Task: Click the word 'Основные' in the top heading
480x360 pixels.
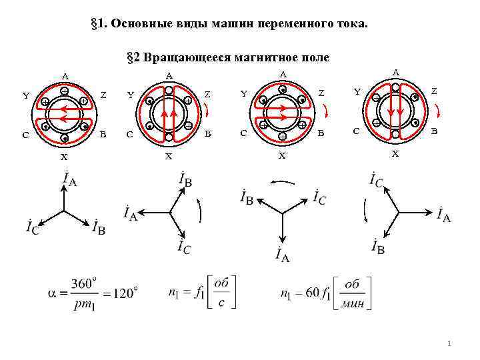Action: click(x=139, y=25)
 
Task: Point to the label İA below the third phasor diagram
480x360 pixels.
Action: click(x=281, y=255)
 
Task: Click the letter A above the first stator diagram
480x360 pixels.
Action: click(x=65, y=75)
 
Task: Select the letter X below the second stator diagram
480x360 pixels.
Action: click(x=169, y=157)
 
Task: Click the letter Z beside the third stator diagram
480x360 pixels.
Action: click(x=321, y=93)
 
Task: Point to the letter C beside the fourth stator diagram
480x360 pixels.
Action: click(x=357, y=131)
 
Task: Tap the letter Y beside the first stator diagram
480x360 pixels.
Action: click(x=26, y=95)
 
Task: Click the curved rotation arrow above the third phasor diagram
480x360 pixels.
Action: click(x=283, y=181)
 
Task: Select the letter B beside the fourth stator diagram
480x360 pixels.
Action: click(x=435, y=131)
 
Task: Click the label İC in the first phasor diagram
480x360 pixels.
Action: click(x=32, y=227)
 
